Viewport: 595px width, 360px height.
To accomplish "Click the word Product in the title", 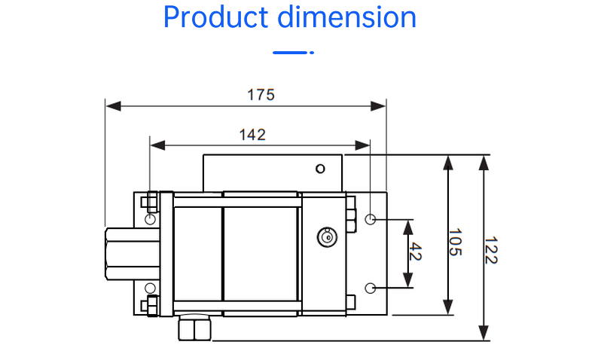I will pyautogui.click(x=214, y=17).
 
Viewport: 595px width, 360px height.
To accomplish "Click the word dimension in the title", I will pyautogui.click(x=347, y=17).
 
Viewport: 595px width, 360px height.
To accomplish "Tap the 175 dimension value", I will pyautogui.click(x=261, y=95).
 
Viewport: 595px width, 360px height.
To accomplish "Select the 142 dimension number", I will pyautogui.click(x=252, y=135).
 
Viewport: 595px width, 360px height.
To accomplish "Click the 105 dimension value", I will pyautogui.click(x=455, y=243).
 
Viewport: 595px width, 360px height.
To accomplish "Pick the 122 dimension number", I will pyautogui.click(x=490, y=250).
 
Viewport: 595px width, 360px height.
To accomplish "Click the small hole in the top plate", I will pyautogui.click(x=321, y=168).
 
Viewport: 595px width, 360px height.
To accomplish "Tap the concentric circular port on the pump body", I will pyautogui.click(x=327, y=236).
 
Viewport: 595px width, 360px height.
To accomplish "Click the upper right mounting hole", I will pyautogui.click(x=371, y=219).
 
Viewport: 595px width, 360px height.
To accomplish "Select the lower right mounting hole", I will pyautogui.click(x=371, y=287).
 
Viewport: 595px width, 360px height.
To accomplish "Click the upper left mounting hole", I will pyautogui.click(x=151, y=218).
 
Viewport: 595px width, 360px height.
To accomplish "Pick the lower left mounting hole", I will pyautogui.click(x=151, y=288).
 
